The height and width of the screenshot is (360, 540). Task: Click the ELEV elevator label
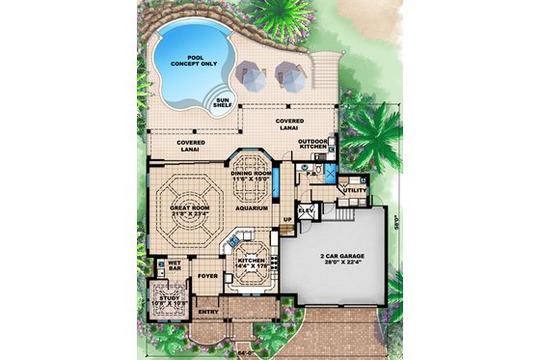[308, 209]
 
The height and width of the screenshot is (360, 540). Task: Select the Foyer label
[206, 276]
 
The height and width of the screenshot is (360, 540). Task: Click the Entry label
[207, 313]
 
